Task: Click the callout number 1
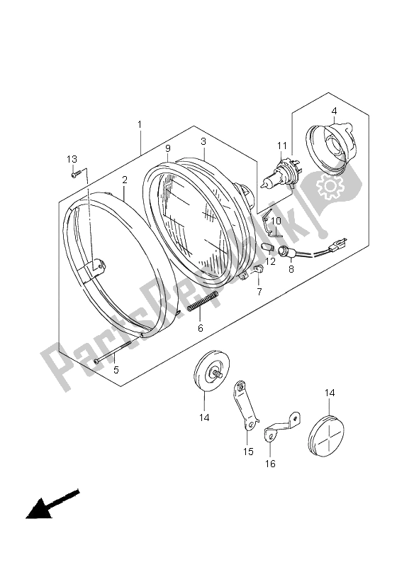139,125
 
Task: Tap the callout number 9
167,148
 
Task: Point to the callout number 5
115,369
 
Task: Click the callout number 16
271,464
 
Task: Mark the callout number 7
259,292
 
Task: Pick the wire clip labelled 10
267,225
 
